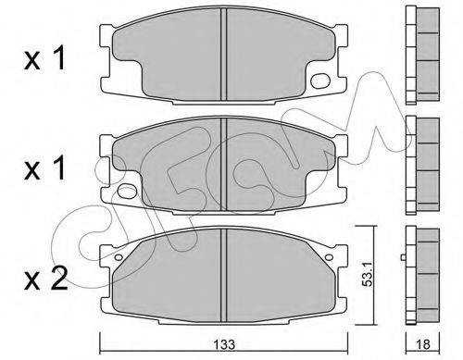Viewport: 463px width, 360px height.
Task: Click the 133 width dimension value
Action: point(225,344)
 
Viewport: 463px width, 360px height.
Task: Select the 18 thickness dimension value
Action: point(423,344)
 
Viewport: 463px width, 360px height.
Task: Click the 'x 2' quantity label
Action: point(45,279)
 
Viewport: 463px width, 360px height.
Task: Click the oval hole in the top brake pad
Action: point(320,81)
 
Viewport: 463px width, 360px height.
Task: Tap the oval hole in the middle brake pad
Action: point(127,192)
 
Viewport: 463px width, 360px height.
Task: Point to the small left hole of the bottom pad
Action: point(119,256)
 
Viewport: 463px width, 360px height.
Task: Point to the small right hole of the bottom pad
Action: point(329,256)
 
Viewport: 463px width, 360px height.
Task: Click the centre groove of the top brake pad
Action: point(224,55)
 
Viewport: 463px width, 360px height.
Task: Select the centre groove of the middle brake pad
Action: point(224,165)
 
